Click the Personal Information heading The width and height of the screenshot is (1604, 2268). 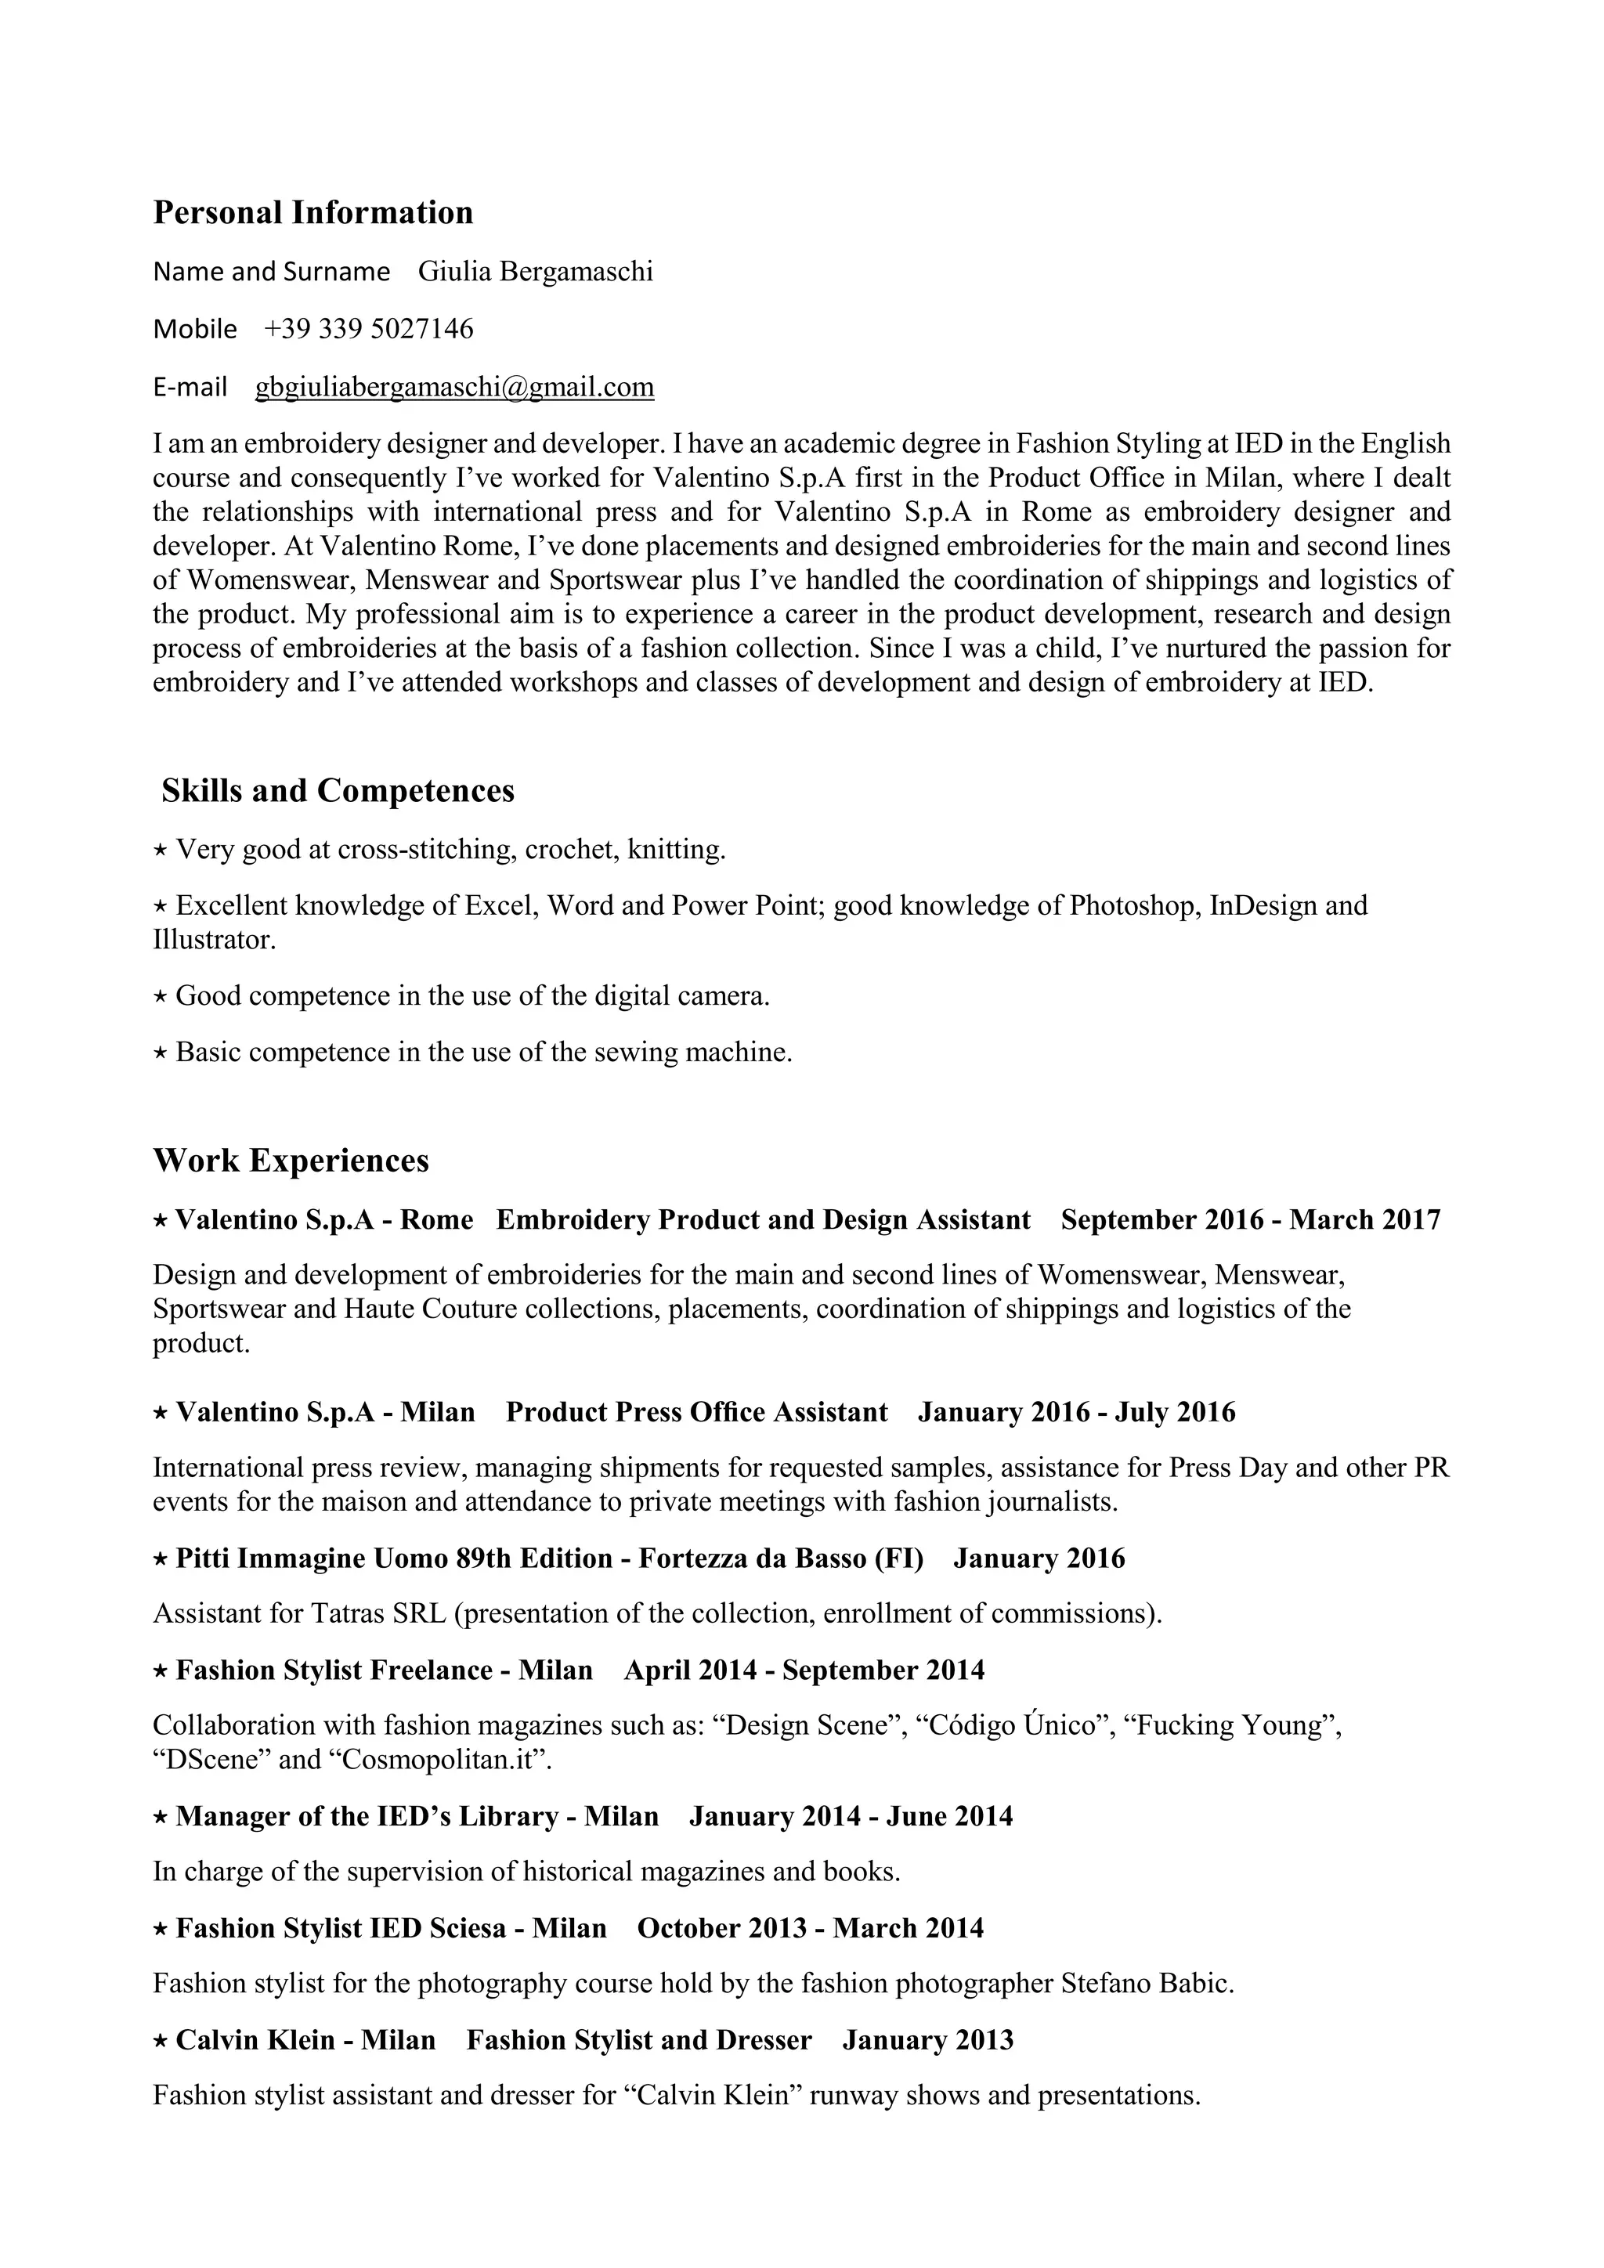pyautogui.click(x=312, y=212)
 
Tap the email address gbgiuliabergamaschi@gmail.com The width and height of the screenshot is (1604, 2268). pyautogui.click(x=454, y=386)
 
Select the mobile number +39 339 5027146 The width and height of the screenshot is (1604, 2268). pyautogui.click(x=368, y=328)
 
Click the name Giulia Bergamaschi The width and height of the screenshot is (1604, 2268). pyautogui.click(x=536, y=271)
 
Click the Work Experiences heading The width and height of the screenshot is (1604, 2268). pyautogui.click(x=291, y=1160)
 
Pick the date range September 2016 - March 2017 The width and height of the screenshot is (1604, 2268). pyautogui.click(x=1251, y=1220)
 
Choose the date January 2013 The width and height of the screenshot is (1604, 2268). pyautogui.click(x=927, y=2040)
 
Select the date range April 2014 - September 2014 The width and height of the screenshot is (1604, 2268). pyautogui.click(x=804, y=1670)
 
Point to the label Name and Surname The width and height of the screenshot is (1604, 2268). pyautogui.click(x=271, y=272)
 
